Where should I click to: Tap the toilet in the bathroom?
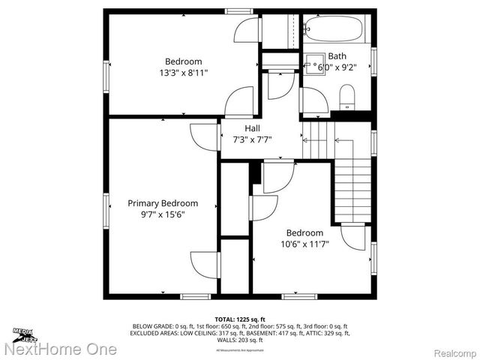pos(346,95)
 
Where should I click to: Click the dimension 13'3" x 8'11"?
pos(184,73)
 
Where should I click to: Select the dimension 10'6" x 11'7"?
pos(304,244)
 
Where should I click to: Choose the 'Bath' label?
pos(337,55)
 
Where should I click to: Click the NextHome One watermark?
pos(60,349)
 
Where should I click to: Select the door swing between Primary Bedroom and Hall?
pos(205,136)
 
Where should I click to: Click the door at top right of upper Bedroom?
pos(246,31)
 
